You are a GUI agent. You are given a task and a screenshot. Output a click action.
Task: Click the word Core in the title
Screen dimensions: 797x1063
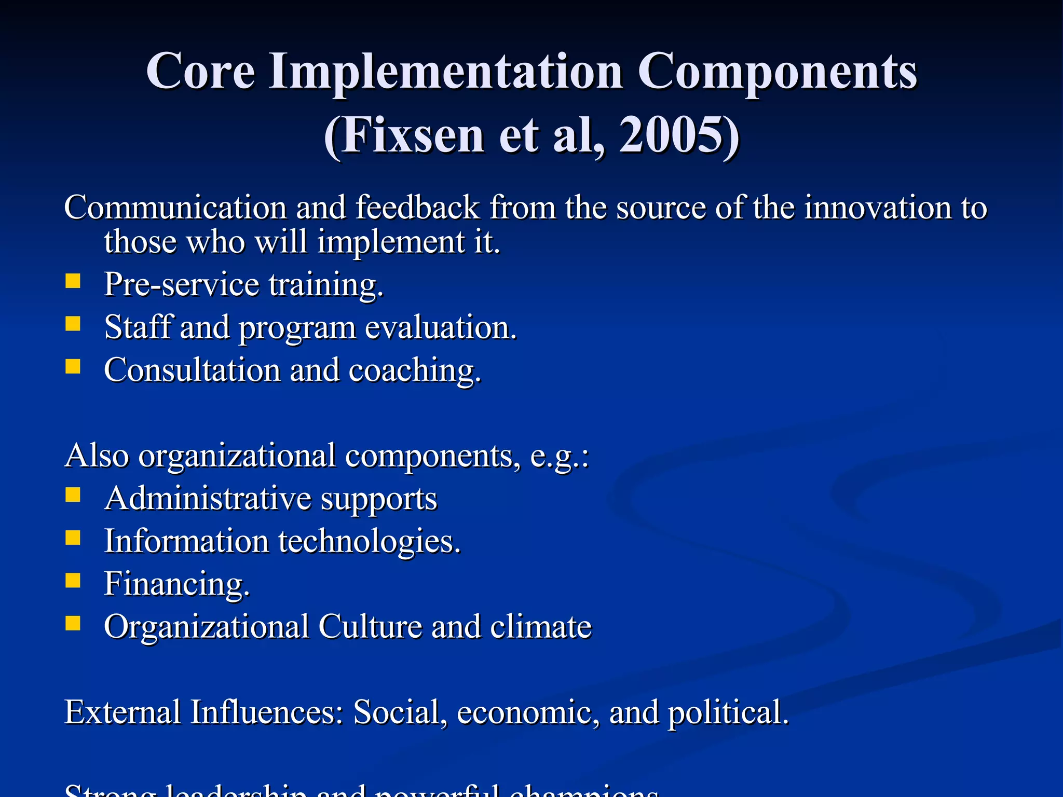200,72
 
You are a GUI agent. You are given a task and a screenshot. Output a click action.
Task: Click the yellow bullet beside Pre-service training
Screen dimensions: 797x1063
73,281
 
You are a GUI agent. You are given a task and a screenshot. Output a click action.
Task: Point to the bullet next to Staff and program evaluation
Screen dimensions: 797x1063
73,324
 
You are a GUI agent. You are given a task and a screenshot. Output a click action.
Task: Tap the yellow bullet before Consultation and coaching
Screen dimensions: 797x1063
73,367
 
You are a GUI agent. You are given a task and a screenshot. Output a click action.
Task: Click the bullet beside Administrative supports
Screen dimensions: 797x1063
73,495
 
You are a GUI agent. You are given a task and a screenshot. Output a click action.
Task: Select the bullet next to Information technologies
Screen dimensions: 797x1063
73,538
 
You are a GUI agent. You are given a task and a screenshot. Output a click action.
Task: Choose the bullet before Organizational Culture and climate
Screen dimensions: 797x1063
73,623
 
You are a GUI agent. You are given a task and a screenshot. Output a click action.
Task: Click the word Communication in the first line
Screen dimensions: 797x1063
175,208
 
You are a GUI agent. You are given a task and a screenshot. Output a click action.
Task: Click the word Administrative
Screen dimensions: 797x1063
208,499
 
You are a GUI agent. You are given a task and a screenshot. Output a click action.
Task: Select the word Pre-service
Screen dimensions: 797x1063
181,285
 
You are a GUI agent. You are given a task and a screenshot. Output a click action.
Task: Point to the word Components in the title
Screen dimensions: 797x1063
777,72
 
